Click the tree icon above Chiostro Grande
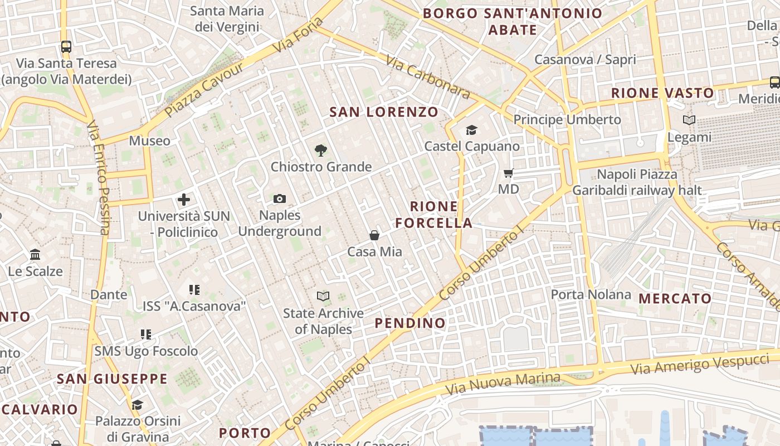point(320,150)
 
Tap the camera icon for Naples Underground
point(280,199)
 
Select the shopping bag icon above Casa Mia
point(375,235)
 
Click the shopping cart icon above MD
point(508,173)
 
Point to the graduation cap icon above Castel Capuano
point(472,130)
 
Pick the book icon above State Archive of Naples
point(323,296)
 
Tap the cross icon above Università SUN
point(184,199)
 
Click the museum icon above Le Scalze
point(35,255)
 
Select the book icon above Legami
point(689,120)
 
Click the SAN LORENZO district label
point(384,112)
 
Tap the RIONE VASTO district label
point(662,93)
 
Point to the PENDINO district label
point(410,323)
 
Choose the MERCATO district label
point(675,298)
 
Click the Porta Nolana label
point(591,294)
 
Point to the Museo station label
point(149,140)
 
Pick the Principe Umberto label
point(567,119)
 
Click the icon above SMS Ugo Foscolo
point(146,334)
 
